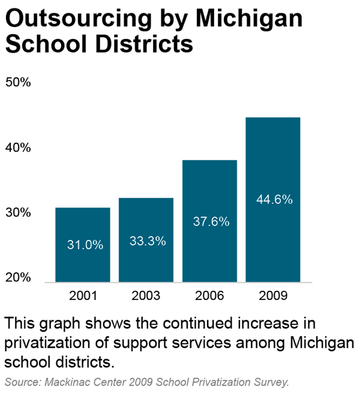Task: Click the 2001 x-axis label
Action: tap(82, 296)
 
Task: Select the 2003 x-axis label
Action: tap(146, 296)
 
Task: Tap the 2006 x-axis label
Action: tap(209, 296)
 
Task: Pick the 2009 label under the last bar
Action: tap(273, 296)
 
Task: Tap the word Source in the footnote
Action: tap(21, 381)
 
